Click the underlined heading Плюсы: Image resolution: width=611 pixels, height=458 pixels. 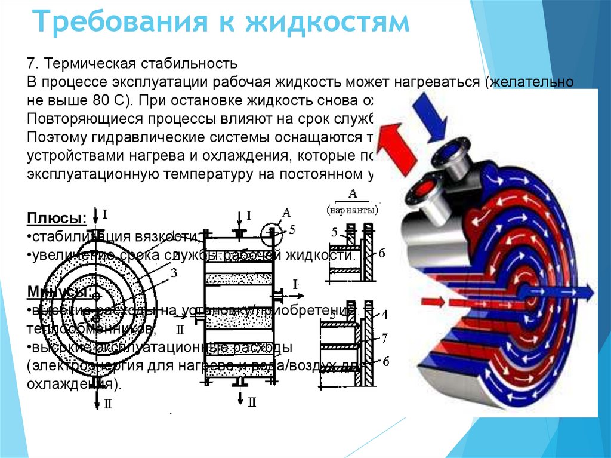click(x=55, y=216)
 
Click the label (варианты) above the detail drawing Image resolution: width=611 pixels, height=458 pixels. click(x=353, y=210)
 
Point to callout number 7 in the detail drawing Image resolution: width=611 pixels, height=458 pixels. click(x=385, y=339)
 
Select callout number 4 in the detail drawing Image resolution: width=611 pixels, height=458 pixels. click(x=384, y=313)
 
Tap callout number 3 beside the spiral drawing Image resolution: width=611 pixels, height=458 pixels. click(x=174, y=273)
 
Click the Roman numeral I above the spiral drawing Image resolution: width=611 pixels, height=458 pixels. click(x=105, y=213)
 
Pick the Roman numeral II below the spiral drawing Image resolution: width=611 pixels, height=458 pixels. click(x=107, y=404)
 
